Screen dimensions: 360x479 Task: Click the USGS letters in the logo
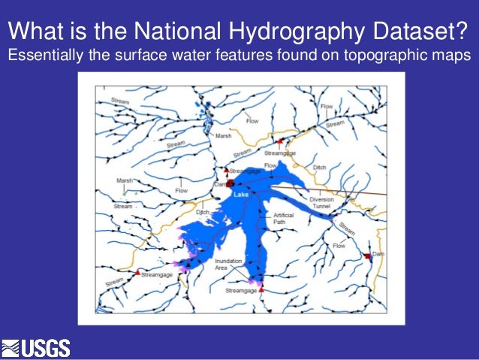[46, 348]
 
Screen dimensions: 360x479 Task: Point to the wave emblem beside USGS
[11, 348]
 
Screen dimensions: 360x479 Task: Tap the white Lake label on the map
[240, 195]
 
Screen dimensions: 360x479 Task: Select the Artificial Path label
[283, 219]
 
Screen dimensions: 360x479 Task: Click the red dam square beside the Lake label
[231, 183]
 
